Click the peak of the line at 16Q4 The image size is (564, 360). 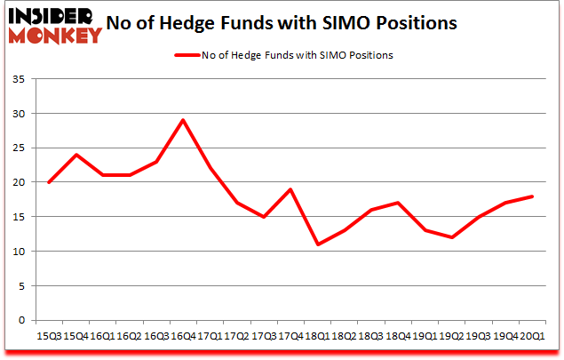[x=183, y=120]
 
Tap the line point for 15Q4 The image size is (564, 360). [x=75, y=155]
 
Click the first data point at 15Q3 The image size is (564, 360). [x=48, y=182]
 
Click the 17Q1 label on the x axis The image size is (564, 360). [x=211, y=335]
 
